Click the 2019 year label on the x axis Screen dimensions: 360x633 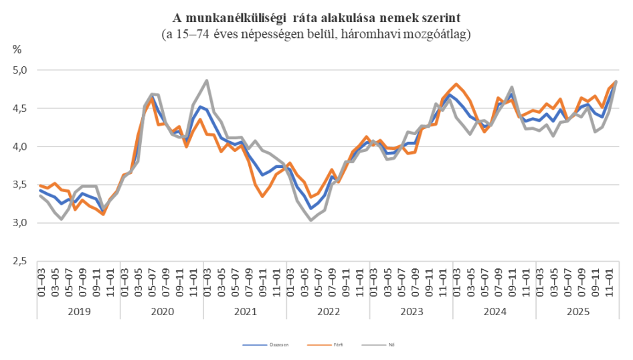tap(79, 312)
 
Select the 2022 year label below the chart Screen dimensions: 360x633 tap(328, 312)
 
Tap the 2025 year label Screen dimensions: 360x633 tap(577, 312)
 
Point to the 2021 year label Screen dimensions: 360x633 tap(245, 312)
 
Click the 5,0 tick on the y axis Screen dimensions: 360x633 tap(22, 70)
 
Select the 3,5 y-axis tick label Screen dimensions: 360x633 tap(22, 185)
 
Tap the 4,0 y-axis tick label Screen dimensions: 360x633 tap(22, 147)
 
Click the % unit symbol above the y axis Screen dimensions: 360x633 tap(17, 49)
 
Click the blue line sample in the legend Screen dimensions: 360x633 tap(254, 346)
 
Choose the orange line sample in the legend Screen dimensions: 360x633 tap(321, 346)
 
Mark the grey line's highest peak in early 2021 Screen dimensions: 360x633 tap(207, 80)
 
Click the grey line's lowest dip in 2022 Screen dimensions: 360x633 tap(311, 219)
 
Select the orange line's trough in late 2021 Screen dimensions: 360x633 tap(262, 195)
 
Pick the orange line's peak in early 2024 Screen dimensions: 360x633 tap(456, 84)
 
